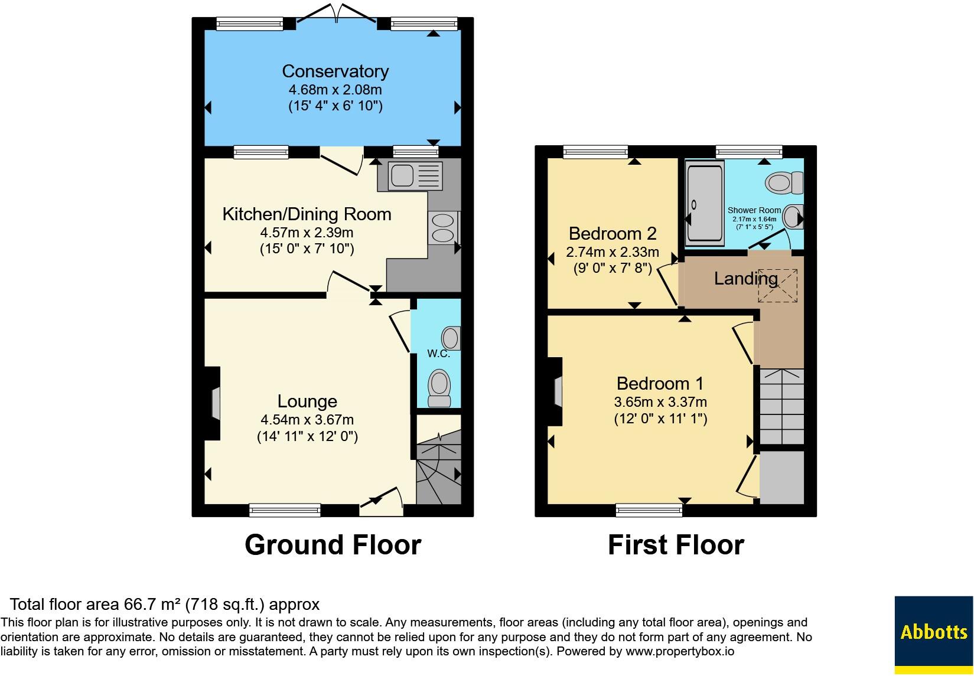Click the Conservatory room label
click(x=335, y=71)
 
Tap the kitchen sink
click(x=415, y=175)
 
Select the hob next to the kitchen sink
click(x=443, y=228)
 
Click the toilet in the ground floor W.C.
click(x=439, y=388)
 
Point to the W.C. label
click(x=438, y=354)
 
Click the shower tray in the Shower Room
click(x=705, y=204)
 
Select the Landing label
click(x=746, y=279)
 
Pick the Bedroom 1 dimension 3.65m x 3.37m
click(x=660, y=402)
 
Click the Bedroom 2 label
click(x=613, y=234)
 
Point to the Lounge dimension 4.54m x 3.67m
click(x=307, y=420)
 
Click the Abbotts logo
click(x=934, y=635)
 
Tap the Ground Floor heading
click(x=333, y=545)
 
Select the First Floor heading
click(x=676, y=545)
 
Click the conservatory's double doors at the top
click(x=336, y=13)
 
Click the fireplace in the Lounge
click(x=213, y=404)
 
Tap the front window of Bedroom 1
click(x=649, y=510)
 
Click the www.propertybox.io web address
click(x=680, y=651)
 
